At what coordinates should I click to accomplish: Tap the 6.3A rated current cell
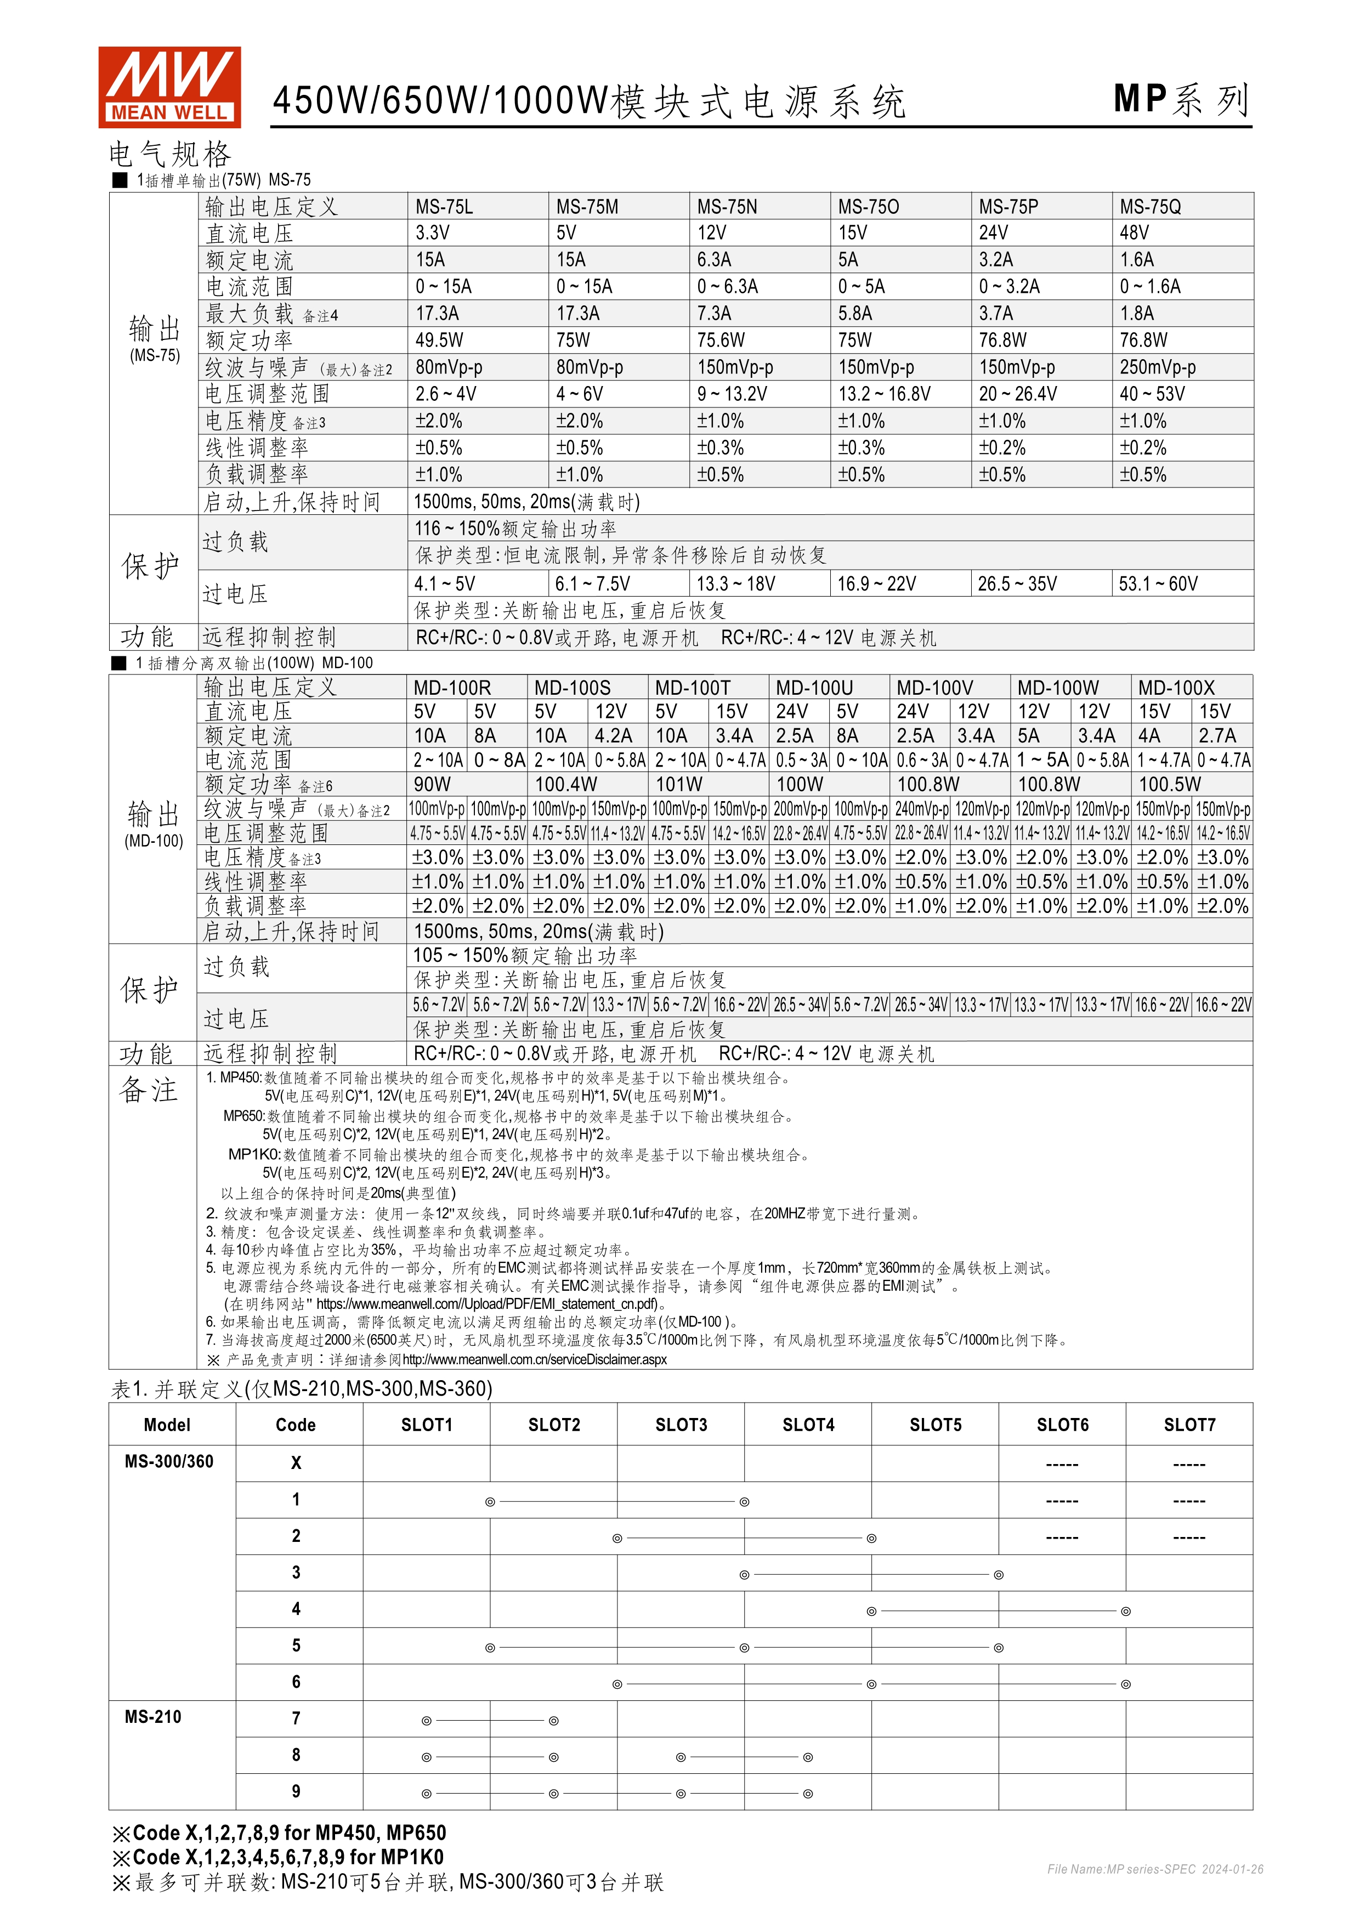pyautogui.click(x=713, y=260)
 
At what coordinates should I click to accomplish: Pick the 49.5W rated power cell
pyautogui.click(x=439, y=340)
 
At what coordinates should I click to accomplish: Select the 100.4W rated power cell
pyautogui.click(x=566, y=785)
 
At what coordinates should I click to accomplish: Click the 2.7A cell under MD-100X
pyautogui.click(x=1216, y=736)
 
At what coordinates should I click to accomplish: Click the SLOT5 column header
pyautogui.click(x=936, y=1425)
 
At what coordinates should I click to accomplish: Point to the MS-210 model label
pyautogui.click(x=152, y=1716)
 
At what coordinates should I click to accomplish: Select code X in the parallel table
pyautogui.click(x=296, y=1462)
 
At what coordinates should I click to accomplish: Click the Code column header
pyautogui.click(x=296, y=1425)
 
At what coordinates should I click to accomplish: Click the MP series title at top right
pyautogui.click(x=1181, y=100)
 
